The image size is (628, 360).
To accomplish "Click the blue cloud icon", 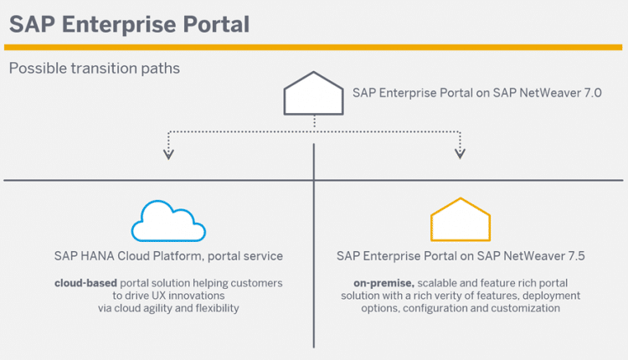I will coord(168,221).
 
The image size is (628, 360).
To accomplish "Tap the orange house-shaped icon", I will coord(460,220).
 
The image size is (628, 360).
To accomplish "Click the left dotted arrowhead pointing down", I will coord(169,152).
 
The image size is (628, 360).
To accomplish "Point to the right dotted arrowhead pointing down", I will coord(460,152).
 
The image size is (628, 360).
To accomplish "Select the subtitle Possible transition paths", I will coord(94,68).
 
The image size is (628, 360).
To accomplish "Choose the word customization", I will coord(525,308).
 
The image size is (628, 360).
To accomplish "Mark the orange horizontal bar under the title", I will coord(314,47).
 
